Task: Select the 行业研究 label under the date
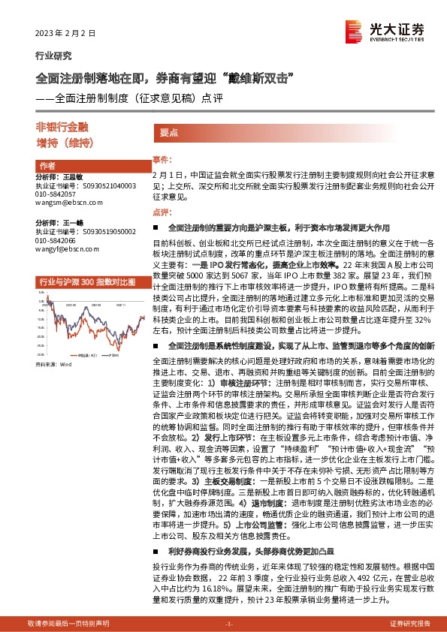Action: pyautogui.click(x=54, y=56)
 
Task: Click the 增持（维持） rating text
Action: pyautogui.click(x=63, y=142)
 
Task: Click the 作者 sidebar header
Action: pyautogui.click(x=47, y=166)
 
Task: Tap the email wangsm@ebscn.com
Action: pyautogui.click(x=67, y=203)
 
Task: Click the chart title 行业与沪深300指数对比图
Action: pyautogui.click(x=86, y=281)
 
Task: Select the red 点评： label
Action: pyautogui.click(x=162, y=212)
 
